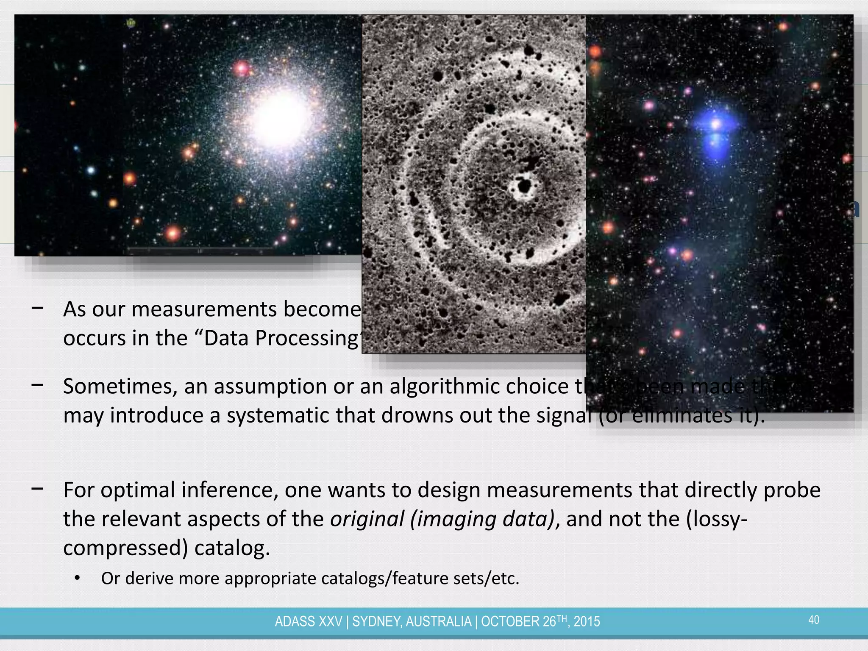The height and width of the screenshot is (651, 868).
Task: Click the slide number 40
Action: tap(814, 620)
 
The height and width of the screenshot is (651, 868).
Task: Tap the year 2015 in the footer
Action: tap(587, 622)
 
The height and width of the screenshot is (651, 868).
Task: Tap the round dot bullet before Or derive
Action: tap(77, 579)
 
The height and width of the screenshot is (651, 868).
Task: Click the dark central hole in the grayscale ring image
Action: tap(525, 186)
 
